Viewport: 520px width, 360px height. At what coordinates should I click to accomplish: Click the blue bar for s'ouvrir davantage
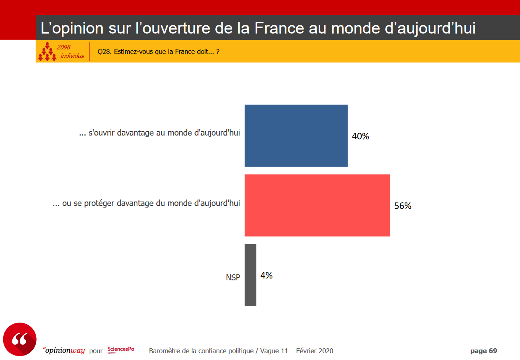pos(296,136)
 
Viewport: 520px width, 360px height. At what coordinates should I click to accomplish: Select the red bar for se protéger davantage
pos(317,205)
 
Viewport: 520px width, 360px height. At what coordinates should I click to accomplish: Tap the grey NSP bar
pos(250,275)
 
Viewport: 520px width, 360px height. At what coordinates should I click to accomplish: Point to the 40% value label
pos(360,136)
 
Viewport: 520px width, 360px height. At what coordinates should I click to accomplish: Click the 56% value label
pos(403,206)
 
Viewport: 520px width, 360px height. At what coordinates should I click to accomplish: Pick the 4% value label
pos(266,276)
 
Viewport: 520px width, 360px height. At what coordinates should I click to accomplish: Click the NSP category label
pos(233,278)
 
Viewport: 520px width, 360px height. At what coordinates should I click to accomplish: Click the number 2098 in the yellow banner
pos(63,47)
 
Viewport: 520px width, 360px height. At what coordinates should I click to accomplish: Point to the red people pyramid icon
pos(47,51)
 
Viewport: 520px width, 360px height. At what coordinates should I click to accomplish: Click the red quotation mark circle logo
pos(20,339)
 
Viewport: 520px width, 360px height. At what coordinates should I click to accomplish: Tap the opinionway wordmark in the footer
pos(64,351)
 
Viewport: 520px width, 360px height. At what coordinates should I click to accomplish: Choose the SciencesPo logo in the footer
pos(121,350)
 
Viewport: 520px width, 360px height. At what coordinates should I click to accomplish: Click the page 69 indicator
pos(483,351)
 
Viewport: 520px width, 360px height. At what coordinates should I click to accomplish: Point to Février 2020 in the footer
pos(315,351)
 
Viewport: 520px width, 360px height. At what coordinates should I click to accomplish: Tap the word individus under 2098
pos(72,56)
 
